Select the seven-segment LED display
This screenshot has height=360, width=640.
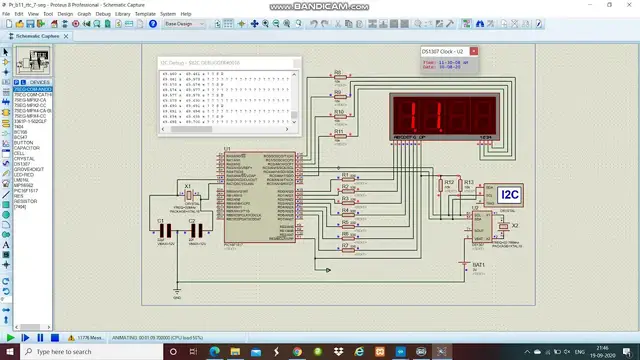[x=443, y=110]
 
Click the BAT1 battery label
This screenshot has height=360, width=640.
[x=478, y=265]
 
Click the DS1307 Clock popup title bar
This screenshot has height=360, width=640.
[x=446, y=51]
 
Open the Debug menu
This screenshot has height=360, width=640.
[x=101, y=14]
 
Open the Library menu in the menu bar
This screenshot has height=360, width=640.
[x=123, y=14]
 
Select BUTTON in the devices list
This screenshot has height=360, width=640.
[x=21, y=143]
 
